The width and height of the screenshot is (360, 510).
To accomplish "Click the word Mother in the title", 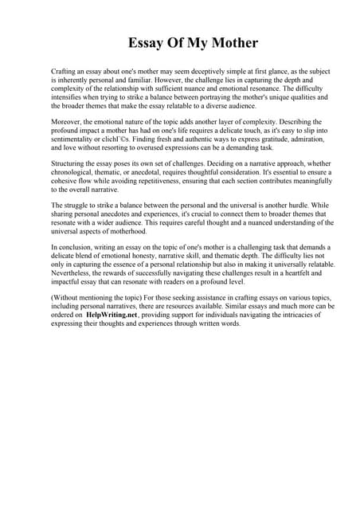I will pos(229,42).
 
